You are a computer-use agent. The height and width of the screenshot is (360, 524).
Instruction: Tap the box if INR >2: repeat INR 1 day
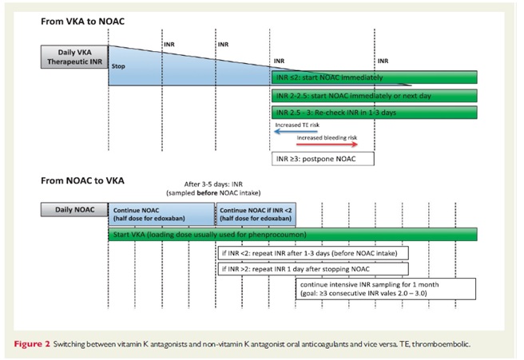tap(303, 269)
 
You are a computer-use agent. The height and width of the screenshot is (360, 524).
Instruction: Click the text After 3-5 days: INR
tap(216, 183)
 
